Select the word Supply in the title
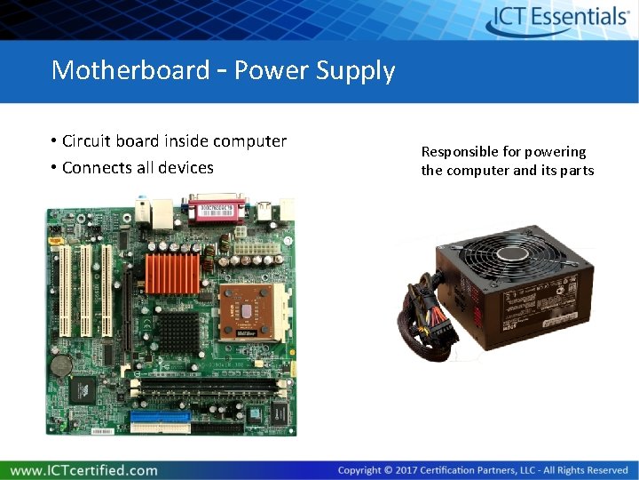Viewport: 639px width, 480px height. click(x=359, y=70)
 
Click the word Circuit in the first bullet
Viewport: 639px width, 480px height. click(x=86, y=141)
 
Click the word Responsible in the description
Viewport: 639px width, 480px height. click(x=461, y=152)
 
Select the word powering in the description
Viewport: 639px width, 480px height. click(x=554, y=152)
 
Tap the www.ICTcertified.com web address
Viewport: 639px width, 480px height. click(x=84, y=470)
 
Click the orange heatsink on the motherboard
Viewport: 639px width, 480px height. click(x=172, y=273)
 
